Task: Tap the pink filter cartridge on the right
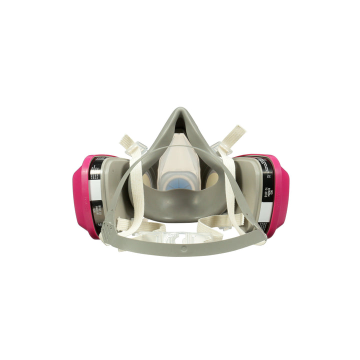click(280, 195)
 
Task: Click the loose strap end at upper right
click(237, 132)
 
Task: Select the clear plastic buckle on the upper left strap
click(138, 147)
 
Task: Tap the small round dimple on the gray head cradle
click(183, 247)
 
